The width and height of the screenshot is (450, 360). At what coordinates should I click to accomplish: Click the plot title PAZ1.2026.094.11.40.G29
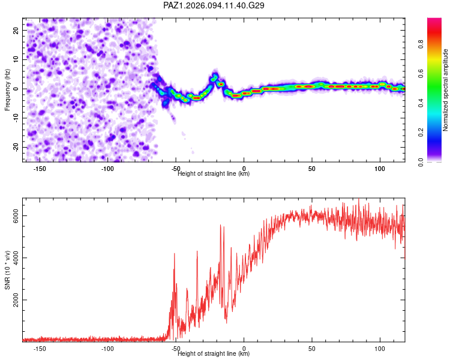point(214,5)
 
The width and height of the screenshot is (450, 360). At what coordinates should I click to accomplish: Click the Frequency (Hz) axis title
point(7,90)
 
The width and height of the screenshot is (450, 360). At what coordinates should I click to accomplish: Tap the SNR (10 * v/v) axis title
point(7,270)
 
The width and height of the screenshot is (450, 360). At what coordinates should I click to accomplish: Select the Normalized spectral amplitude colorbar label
point(445,90)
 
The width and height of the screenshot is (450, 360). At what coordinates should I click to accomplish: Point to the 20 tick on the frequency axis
point(16,30)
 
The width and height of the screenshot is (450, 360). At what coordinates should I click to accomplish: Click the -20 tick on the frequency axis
point(16,148)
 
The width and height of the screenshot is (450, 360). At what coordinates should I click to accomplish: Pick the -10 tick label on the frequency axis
point(16,118)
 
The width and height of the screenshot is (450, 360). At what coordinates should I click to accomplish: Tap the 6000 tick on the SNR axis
point(16,215)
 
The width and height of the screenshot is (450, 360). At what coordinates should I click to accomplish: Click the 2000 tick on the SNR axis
point(16,300)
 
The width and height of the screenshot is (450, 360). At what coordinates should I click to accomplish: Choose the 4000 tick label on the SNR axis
point(16,258)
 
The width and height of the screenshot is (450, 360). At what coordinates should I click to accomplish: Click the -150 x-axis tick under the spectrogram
point(40,169)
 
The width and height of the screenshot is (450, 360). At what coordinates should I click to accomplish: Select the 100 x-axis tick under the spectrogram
point(380,169)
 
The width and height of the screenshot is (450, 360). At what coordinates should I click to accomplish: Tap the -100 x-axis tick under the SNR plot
point(107,349)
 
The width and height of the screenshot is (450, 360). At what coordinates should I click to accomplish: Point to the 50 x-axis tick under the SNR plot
point(311,349)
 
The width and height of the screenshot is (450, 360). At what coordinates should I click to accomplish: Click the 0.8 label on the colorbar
point(421,44)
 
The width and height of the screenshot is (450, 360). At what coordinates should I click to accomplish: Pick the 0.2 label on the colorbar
point(421,133)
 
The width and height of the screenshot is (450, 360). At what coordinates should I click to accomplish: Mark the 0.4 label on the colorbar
point(421,103)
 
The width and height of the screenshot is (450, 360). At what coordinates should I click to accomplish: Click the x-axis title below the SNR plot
point(214,353)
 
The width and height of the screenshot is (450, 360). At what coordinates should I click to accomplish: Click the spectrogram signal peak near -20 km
point(215,76)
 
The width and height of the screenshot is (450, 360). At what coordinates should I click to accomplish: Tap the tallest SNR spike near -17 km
point(220,226)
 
